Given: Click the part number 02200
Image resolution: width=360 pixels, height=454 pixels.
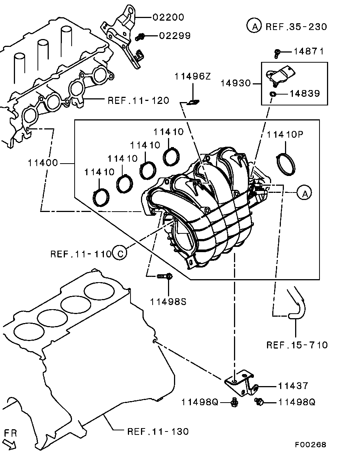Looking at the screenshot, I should pyautogui.click(x=168, y=17).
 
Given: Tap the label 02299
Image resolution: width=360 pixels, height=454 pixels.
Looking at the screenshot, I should pyautogui.click(x=175, y=36).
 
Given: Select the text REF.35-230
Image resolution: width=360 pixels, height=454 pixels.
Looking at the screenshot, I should pyautogui.click(x=296, y=27).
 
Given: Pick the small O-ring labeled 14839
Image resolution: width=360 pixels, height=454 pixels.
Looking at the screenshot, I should pyautogui.click(x=273, y=93).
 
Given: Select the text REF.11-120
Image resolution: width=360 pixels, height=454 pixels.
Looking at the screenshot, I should pyautogui.click(x=138, y=101).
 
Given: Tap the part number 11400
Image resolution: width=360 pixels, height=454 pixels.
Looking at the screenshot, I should pyautogui.click(x=43, y=163).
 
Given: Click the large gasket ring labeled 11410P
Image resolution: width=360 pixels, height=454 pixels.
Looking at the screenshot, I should pyautogui.click(x=286, y=165).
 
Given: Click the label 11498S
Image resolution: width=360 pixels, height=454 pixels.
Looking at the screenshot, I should pyautogui.click(x=168, y=301).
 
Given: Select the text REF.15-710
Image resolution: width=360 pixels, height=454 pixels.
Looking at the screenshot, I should pyautogui.click(x=297, y=345).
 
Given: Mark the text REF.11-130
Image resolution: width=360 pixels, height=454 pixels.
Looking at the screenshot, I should pyautogui.click(x=158, y=431).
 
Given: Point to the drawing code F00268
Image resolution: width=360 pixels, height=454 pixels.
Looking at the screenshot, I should pyautogui.click(x=310, y=445).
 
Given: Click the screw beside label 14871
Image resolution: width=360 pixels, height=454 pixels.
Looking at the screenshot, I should pyautogui.click(x=277, y=53).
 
